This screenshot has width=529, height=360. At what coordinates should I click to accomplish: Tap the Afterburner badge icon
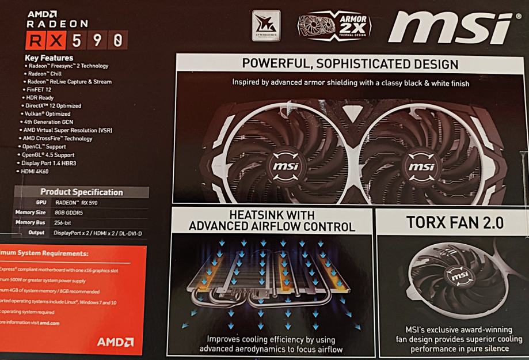266,25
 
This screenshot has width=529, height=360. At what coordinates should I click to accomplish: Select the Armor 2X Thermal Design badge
334,26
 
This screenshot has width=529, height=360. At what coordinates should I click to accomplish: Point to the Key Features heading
49,58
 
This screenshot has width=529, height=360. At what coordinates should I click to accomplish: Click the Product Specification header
81,192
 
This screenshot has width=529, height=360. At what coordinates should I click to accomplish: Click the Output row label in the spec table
36,232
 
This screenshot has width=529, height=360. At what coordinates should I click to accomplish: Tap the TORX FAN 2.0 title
451,222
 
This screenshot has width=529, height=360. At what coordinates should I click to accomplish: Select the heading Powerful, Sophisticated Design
350,64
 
